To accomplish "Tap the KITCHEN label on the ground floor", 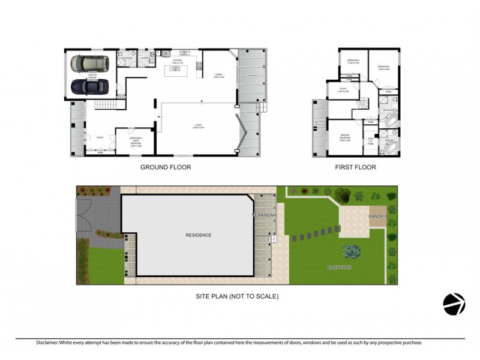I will (x=177, y=61).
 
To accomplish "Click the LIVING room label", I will (x=197, y=126).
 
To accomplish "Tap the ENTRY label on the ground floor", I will (x=91, y=137).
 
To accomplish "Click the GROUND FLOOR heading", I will (x=166, y=167).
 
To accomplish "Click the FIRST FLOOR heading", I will (x=356, y=167).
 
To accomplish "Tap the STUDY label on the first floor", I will (x=343, y=89).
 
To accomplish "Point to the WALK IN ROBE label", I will (x=371, y=142).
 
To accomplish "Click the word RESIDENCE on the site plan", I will (x=198, y=235).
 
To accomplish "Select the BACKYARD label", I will (x=340, y=266).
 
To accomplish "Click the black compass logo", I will (x=454, y=304).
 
